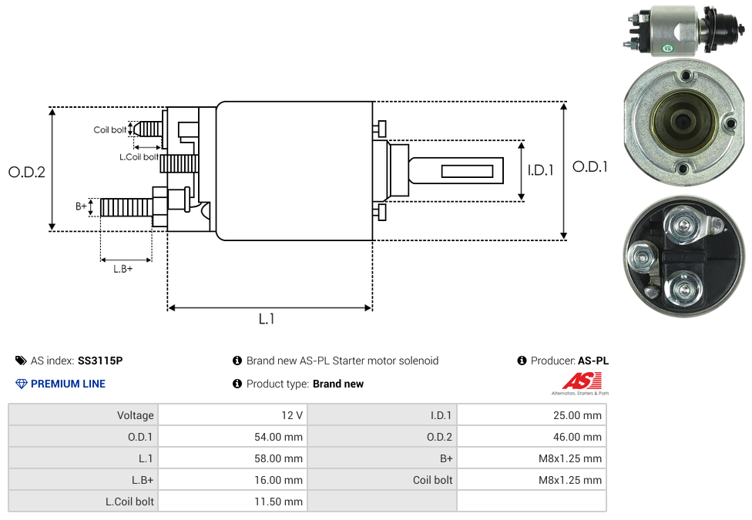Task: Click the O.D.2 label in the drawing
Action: coord(27,172)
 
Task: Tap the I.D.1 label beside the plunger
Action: coord(540,170)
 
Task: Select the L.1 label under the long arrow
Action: coord(267,318)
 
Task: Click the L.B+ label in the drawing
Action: coord(123,269)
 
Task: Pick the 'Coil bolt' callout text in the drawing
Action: coord(110,129)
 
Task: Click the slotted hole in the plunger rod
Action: coord(467,169)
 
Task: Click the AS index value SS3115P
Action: coord(100,361)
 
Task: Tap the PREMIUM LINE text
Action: coord(68,384)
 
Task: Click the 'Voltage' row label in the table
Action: coord(135,415)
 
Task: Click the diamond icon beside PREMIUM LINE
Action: coord(22,384)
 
